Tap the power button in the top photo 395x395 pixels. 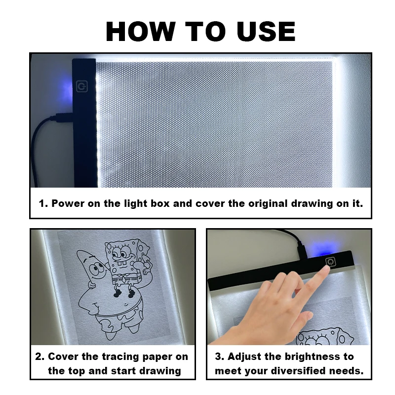coord(81,87)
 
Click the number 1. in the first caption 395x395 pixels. coord(43,203)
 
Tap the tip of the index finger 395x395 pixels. coord(326,270)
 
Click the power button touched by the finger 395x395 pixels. coord(329,261)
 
